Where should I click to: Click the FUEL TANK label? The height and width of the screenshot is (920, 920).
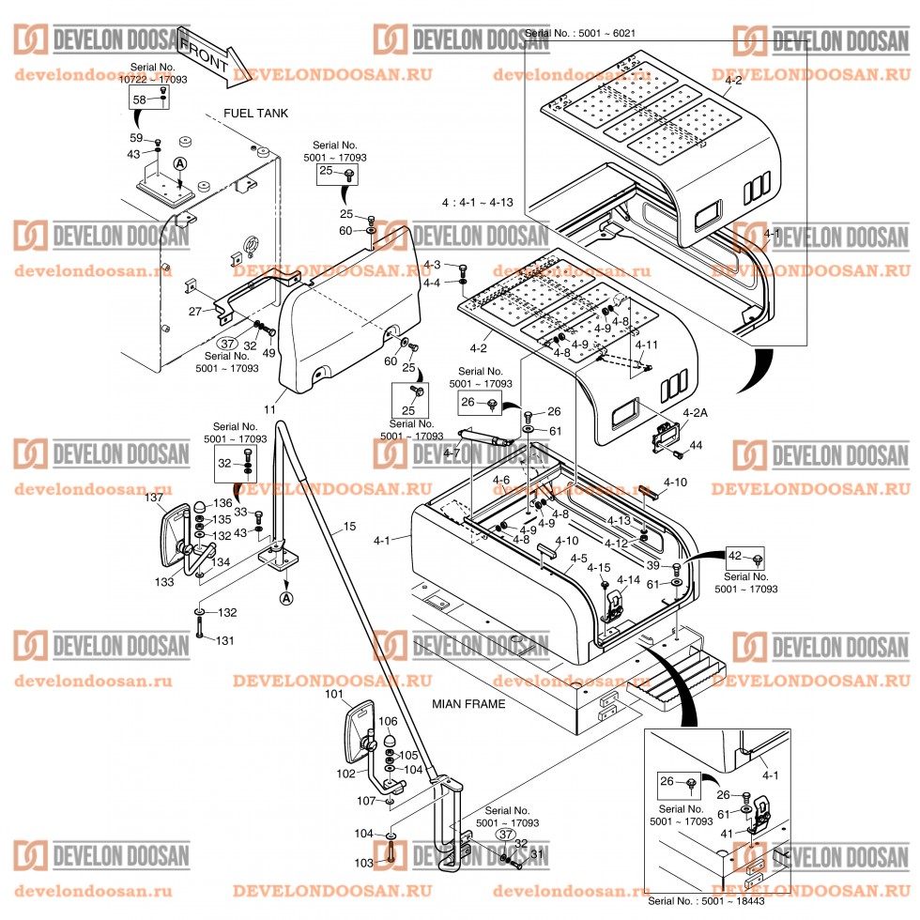pos(255,114)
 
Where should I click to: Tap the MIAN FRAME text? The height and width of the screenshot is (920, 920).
pos(468,703)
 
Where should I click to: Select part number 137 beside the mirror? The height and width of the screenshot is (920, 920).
pos(154,498)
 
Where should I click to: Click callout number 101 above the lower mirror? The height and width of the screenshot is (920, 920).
pos(335,696)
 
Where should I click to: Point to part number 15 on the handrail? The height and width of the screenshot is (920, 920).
pos(349,528)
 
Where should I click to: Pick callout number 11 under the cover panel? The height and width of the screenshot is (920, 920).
pos(269,410)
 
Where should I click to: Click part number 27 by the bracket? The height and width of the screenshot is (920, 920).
pos(195,311)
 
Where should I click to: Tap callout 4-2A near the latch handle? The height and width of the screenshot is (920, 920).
pos(696,412)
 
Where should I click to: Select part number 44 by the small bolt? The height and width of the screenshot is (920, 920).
pos(697,444)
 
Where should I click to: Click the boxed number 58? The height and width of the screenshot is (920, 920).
pos(139,100)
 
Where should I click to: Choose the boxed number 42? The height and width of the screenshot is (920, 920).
pos(735,556)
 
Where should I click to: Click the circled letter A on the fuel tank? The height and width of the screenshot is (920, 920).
pos(179,163)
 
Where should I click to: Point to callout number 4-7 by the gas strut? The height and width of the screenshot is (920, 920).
pos(452,453)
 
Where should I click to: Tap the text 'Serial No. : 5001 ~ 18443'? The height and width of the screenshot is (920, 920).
pos(706,900)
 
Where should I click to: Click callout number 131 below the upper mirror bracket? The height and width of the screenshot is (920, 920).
pos(225,641)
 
